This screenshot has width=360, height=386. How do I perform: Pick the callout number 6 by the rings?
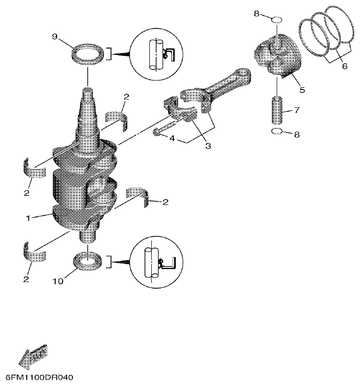[344, 67]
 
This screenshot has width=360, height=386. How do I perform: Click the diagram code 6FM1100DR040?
[38, 378]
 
